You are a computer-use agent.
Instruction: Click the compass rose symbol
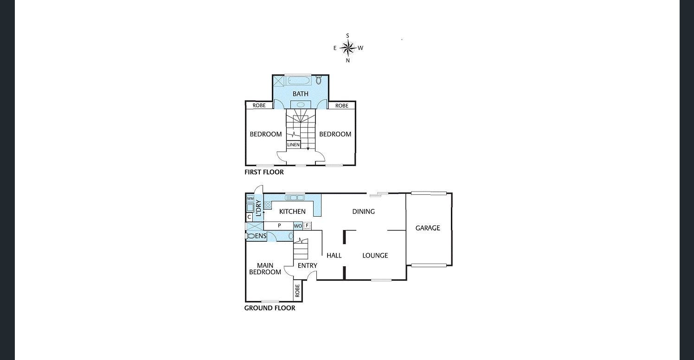(x=347, y=47)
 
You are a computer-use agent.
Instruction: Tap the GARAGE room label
(x=427, y=228)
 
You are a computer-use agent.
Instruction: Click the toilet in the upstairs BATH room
(x=319, y=80)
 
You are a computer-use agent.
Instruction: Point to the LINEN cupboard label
(x=293, y=145)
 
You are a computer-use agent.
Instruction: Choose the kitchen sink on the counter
(x=295, y=198)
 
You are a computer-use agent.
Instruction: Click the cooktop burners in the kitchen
(x=268, y=205)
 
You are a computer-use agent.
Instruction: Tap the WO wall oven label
(x=298, y=226)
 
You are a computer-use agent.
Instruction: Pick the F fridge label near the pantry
(x=307, y=226)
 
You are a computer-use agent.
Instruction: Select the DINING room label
(x=363, y=212)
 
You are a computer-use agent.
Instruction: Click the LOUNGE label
(x=375, y=255)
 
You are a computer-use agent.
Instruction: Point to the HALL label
(x=334, y=255)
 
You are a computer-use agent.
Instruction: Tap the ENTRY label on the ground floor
(x=307, y=265)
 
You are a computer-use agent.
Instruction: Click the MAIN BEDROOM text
(x=265, y=269)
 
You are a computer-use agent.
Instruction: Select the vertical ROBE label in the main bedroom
(x=297, y=291)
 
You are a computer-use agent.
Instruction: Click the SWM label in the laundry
(x=250, y=199)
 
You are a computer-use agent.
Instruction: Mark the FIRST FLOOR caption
(x=264, y=172)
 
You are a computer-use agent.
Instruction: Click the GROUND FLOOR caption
(x=270, y=308)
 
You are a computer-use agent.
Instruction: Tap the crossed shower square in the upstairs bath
(x=278, y=81)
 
